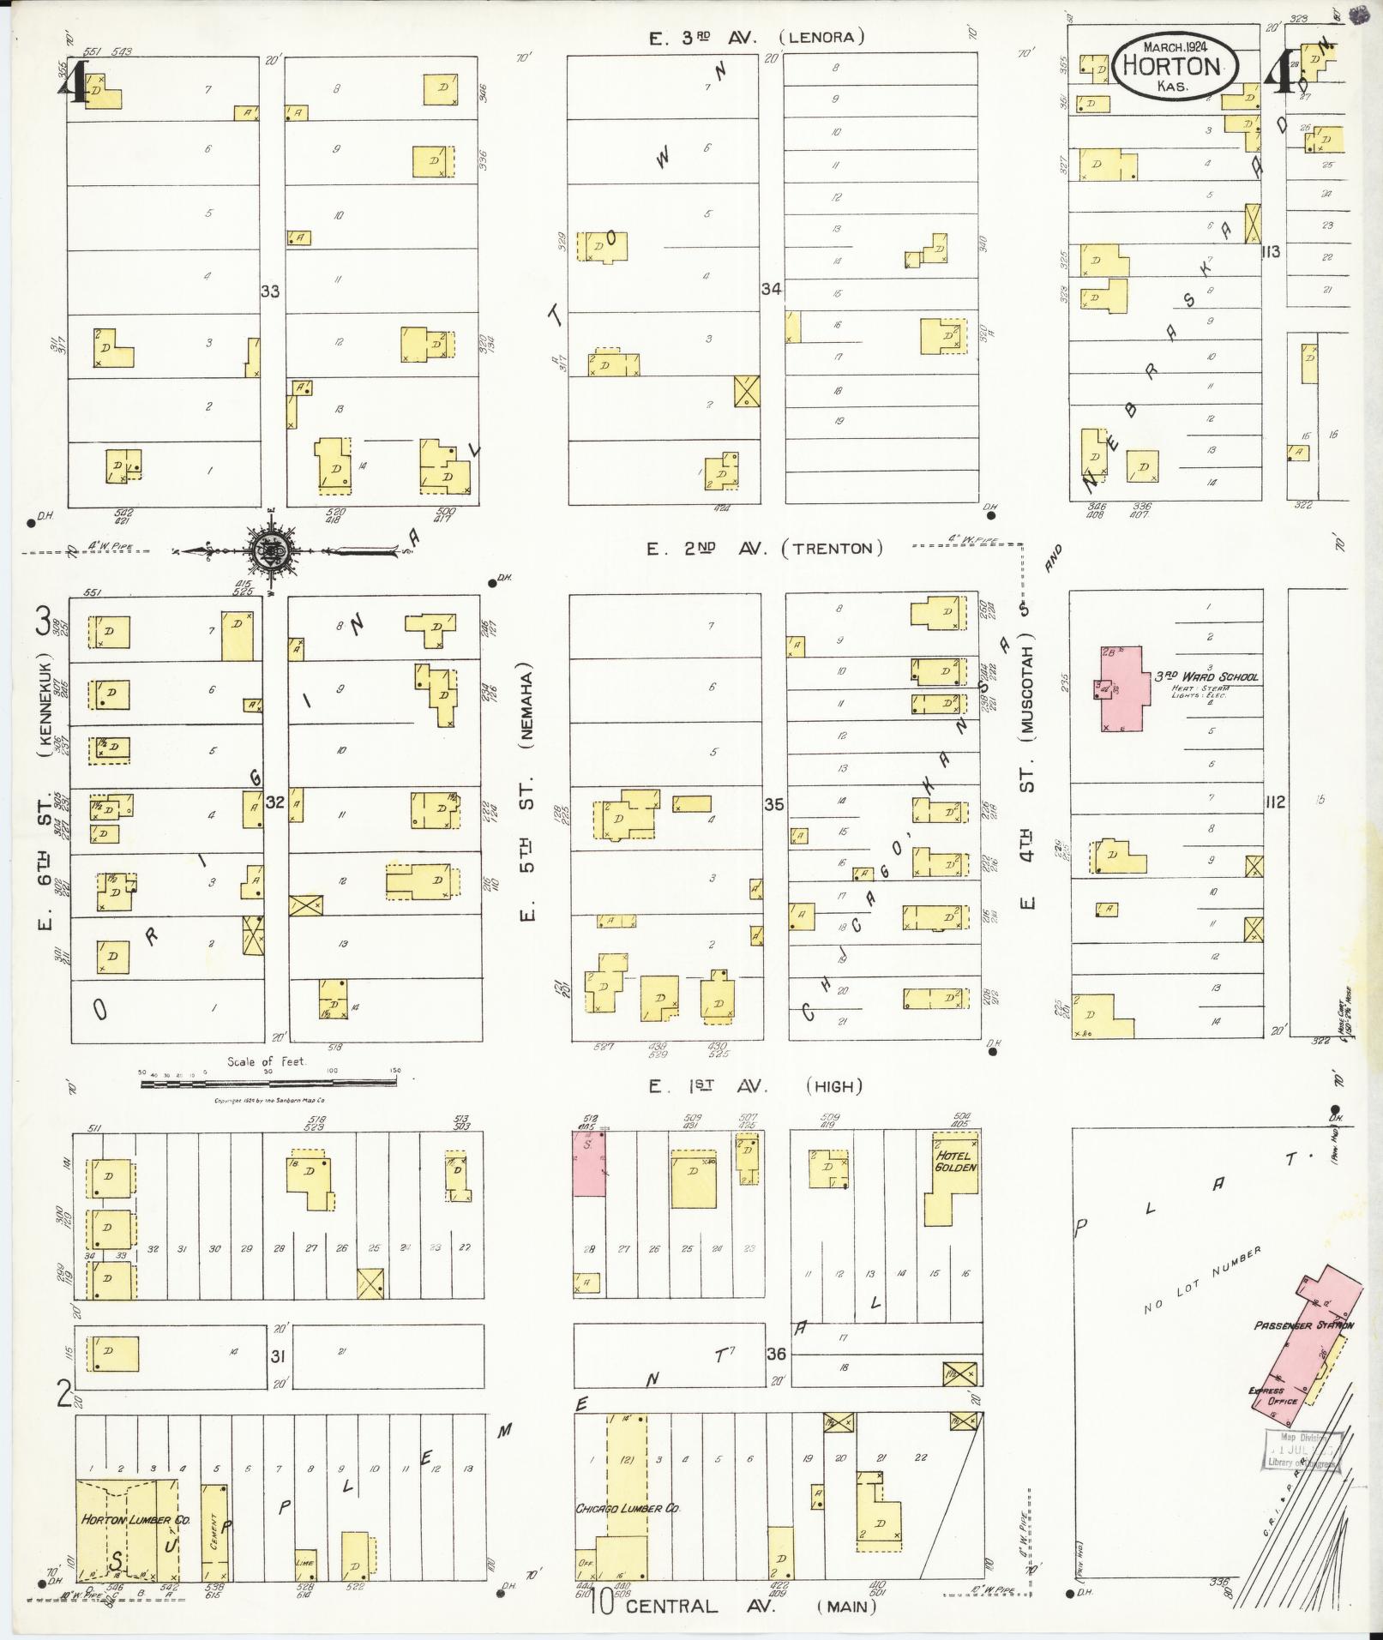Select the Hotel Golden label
pyautogui.click(x=955, y=1162)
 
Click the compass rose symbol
pyautogui.click(x=272, y=551)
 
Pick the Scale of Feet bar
pyautogui.click(x=268, y=1083)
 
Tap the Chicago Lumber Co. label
pyautogui.click(x=628, y=1508)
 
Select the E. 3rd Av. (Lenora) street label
pyautogui.click(x=755, y=37)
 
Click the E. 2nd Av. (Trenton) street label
pyautogui.click(x=764, y=549)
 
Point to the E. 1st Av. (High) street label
pyautogui.click(x=754, y=1086)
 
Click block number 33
pyautogui.click(x=270, y=291)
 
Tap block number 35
pyautogui.click(x=773, y=804)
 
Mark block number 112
pyautogui.click(x=1275, y=802)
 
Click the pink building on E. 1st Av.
pyautogui.click(x=589, y=1162)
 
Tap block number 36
pyautogui.click(x=776, y=1354)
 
